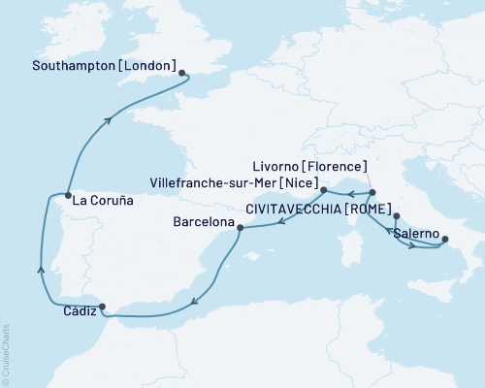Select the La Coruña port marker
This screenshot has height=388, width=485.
click(65, 194)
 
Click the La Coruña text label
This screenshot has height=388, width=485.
click(101, 202)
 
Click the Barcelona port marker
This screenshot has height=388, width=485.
click(240, 229)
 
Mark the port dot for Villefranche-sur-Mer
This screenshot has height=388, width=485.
click(324, 190)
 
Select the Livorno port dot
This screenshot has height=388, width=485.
click(372, 192)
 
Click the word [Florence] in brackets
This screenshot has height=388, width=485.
click(335, 166)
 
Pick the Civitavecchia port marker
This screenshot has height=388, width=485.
click(396, 215)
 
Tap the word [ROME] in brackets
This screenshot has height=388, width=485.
click(357, 207)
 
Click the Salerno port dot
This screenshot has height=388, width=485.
click(445, 238)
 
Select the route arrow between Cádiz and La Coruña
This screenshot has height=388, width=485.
click(40, 269)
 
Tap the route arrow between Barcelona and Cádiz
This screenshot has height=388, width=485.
click(195, 300)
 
